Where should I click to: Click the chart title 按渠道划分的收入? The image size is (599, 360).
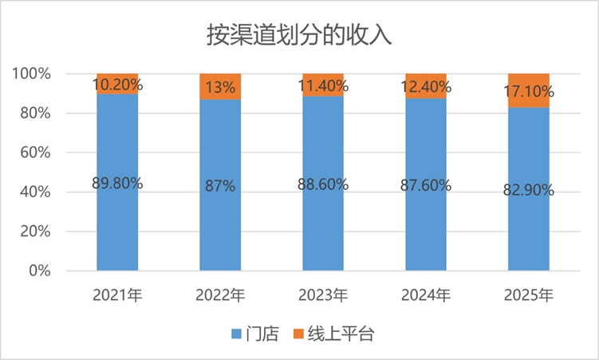[298, 36]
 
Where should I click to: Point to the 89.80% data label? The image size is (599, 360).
[117, 183]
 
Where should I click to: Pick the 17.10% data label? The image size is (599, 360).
[529, 93]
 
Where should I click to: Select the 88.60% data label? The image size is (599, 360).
[323, 184]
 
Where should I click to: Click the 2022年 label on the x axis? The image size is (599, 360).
[220, 295]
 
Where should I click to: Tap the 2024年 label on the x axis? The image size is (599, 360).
[426, 295]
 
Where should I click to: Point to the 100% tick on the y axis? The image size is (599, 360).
[32, 74]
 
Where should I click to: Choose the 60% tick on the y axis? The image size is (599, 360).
[36, 152]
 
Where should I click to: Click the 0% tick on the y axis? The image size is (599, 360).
[40, 271]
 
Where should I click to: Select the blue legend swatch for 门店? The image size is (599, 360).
[236, 334]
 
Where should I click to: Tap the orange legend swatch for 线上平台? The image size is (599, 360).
[300, 334]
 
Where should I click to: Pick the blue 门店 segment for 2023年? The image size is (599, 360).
[323, 231]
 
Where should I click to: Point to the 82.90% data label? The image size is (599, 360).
[529, 190]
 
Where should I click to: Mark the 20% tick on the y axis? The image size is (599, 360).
[36, 231]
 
